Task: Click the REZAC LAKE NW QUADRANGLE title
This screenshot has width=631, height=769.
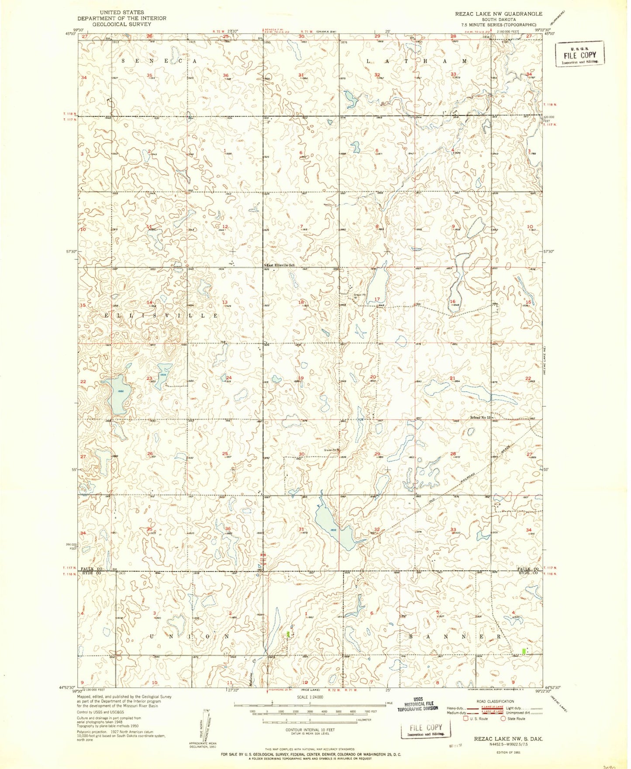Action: pos(499,14)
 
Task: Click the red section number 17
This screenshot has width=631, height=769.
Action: pos(377,299)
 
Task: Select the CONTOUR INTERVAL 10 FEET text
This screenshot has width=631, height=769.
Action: pos(310,730)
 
